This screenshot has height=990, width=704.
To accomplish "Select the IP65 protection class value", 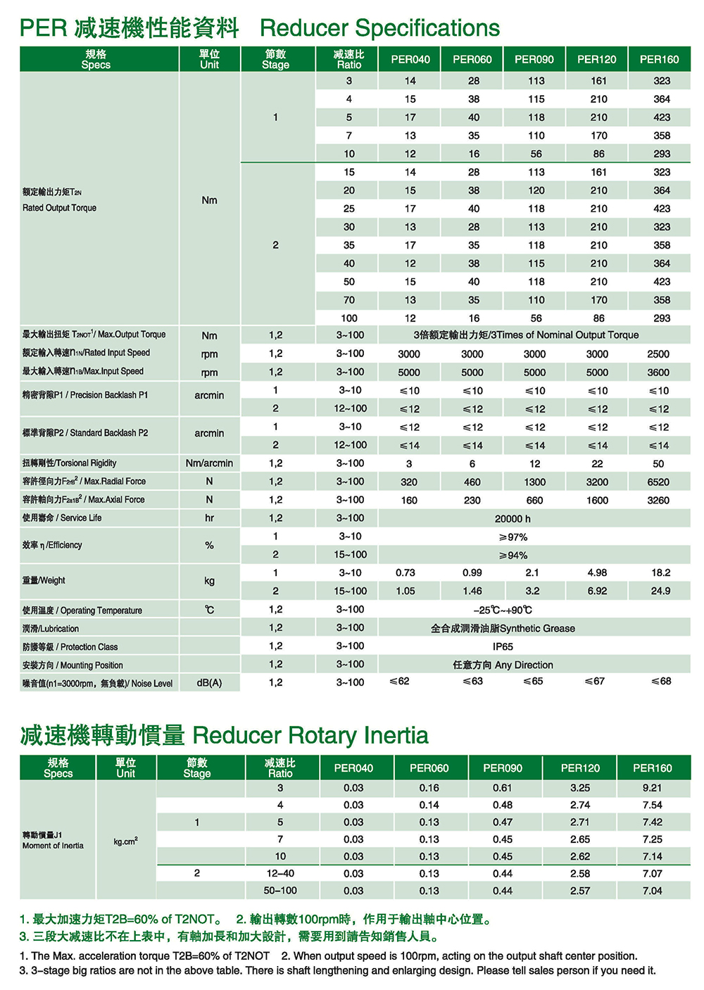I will pos(503,646).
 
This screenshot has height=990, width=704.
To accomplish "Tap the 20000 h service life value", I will pos(513,518).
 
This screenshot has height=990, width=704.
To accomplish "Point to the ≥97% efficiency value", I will pos(513,537).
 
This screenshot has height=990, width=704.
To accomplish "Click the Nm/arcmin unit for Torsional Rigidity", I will pos(209,463).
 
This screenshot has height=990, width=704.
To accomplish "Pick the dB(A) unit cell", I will pos(209,682).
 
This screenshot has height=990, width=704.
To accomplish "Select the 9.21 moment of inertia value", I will pos(652,788).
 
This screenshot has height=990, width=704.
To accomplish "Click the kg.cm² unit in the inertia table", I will pos(125,841).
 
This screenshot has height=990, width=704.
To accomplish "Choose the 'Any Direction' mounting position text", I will pos(524,665).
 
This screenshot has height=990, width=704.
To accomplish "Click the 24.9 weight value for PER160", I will pos(660,591).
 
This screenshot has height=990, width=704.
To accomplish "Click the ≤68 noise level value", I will pos(661,681).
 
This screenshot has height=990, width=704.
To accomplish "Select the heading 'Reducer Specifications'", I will pos(379,28).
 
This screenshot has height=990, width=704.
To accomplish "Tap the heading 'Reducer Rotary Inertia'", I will pos(310,735).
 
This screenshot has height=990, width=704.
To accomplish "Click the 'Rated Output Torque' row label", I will pos(59,208).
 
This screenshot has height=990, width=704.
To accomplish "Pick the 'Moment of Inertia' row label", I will pos(53,846).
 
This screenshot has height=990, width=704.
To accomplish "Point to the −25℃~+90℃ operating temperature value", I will pos(503,610).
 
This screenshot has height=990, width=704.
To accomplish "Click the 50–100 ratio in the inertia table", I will pos(280,891).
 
